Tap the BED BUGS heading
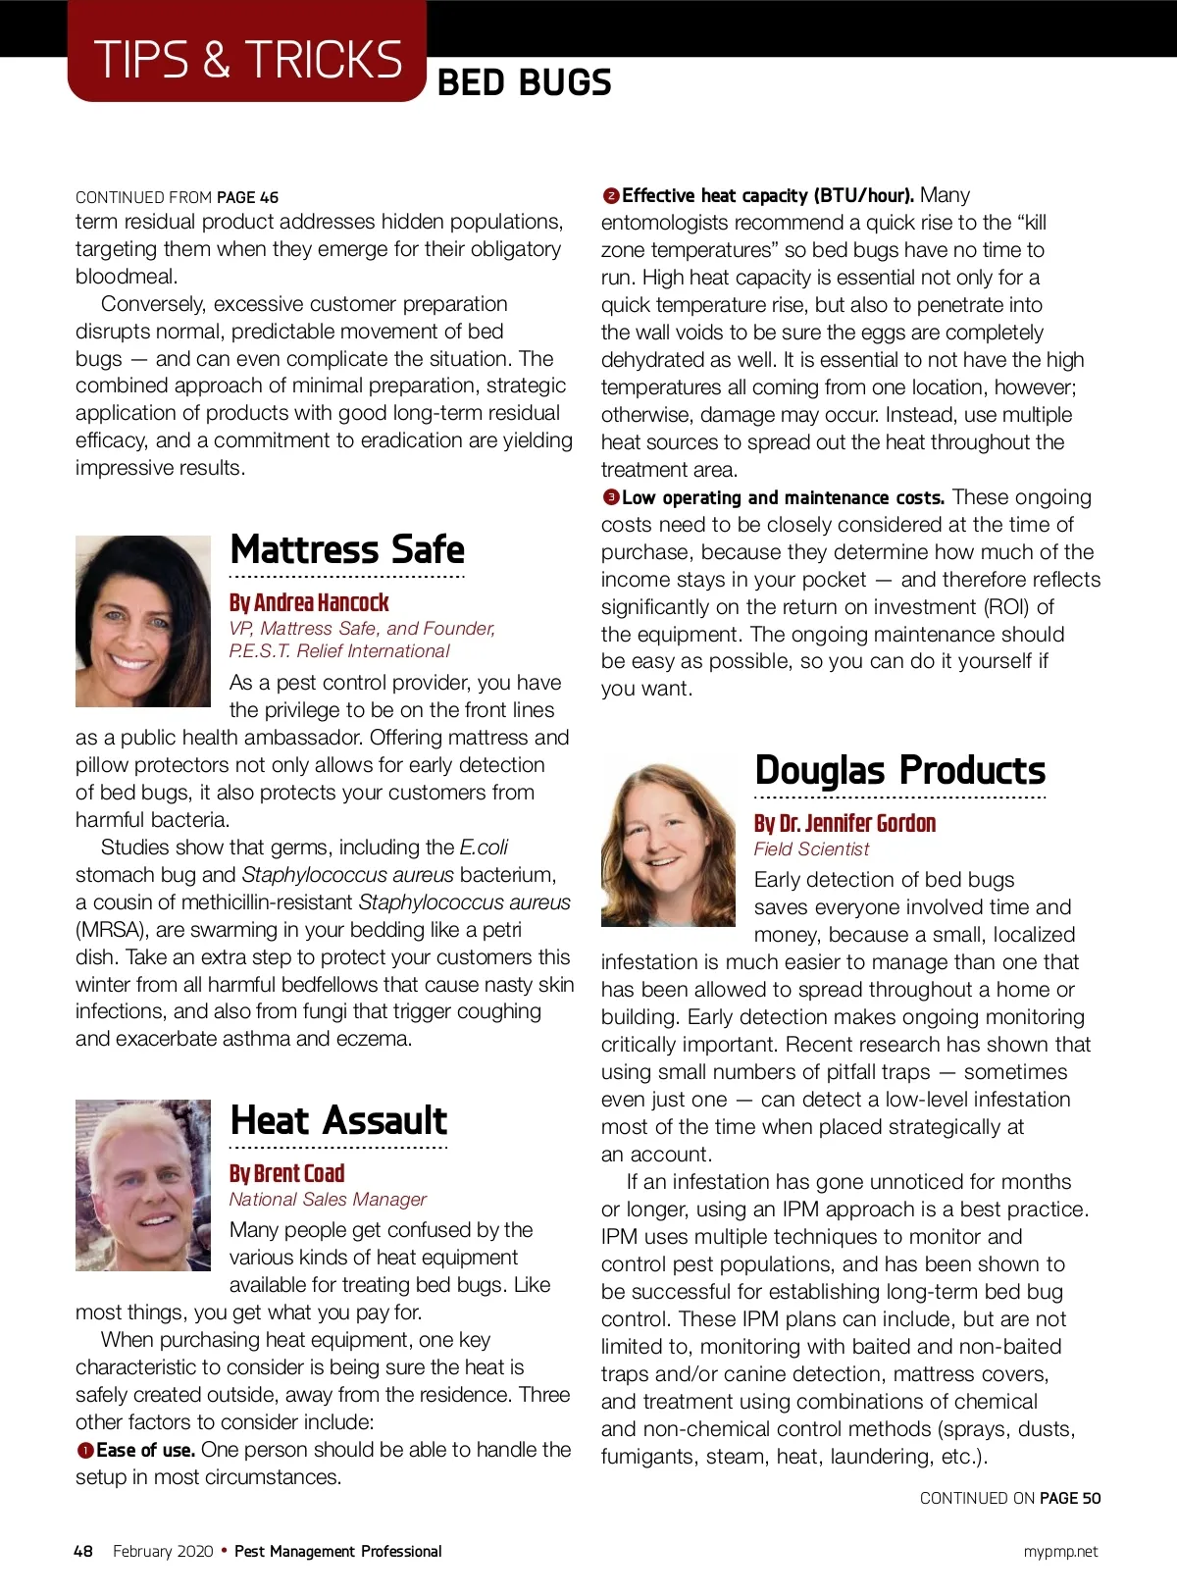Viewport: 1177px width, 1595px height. (x=524, y=83)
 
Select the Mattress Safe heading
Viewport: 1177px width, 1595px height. (x=347, y=549)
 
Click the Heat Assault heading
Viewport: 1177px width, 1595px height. (x=338, y=1120)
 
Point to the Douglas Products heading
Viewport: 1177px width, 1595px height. (x=899, y=770)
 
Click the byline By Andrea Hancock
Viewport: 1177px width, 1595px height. (x=309, y=602)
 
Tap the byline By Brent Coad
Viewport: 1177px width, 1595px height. (x=286, y=1173)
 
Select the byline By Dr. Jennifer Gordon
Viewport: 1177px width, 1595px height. (x=844, y=823)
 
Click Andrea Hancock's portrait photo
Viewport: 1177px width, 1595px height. (x=143, y=621)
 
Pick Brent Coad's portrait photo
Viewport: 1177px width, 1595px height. (x=143, y=1185)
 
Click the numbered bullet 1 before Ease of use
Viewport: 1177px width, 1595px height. (x=85, y=1451)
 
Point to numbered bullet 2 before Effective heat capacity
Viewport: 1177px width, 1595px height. (x=610, y=196)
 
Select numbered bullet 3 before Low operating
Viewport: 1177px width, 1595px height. (x=610, y=498)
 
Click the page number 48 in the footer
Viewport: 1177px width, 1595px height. (x=83, y=1551)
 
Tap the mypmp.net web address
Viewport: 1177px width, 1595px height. (x=1060, y=1551)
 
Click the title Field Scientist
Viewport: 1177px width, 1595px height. (x=811, y=849)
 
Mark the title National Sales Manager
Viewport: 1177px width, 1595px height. (x=328, y=1200)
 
